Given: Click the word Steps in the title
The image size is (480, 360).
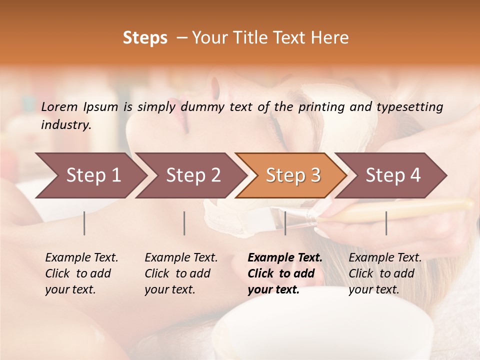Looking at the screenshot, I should point(145,38).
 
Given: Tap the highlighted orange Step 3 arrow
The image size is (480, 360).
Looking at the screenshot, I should point(293,175).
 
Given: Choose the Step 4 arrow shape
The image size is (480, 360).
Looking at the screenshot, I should point(393,175).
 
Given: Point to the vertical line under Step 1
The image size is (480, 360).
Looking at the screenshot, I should point(84,223).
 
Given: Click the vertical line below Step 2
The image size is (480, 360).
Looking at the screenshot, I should point(184,223).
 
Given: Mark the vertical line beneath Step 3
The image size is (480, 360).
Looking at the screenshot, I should point(285,223).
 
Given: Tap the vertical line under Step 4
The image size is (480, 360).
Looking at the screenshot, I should point(386,223).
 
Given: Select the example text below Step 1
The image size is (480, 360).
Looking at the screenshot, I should point(81,273).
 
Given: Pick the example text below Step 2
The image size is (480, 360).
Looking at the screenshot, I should point(181,273).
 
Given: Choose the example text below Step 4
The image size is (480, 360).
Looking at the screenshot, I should point(385,273).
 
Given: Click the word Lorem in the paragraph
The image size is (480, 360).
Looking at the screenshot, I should point(59,107).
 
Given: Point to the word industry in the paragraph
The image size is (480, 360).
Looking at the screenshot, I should point(65,125).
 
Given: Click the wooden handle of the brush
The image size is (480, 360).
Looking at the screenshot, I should point(400,210).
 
